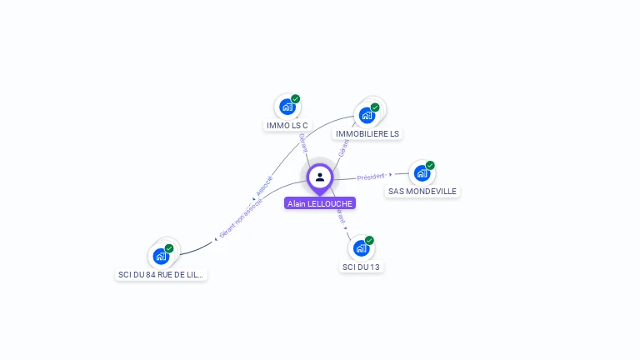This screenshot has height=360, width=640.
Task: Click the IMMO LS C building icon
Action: (287, 107)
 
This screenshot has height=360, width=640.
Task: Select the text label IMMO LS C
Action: (287, 126)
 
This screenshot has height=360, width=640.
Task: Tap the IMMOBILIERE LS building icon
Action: (366, 116)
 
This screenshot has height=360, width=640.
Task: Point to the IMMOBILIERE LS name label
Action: (367, 133)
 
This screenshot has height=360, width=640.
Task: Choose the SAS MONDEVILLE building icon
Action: (422, 173)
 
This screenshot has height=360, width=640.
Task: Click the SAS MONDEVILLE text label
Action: (422, 191)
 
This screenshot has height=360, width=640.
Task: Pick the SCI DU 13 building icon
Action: (361, 248)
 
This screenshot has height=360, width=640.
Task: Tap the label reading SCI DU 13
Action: (362, 267)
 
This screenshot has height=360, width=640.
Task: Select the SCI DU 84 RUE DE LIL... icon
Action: (160, 257)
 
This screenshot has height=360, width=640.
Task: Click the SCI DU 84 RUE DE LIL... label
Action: (161, 274)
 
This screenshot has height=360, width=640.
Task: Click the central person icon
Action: (320, 177)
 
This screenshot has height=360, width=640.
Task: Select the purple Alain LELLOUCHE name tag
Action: (320, 203)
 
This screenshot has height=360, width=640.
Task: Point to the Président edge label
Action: (370, 177)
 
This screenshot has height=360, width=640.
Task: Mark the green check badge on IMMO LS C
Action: (296, 98)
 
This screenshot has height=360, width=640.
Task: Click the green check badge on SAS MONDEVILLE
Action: (431, 165)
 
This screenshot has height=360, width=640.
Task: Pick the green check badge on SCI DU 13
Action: (370, 240)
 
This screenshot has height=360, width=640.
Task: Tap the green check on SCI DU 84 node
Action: (169, 248)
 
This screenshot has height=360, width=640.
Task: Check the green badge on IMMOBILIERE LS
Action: (375, 107)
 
